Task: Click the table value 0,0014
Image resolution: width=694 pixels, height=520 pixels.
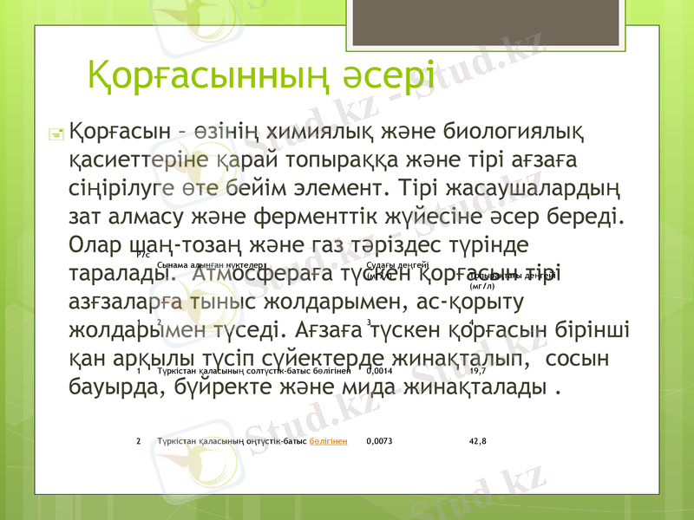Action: tap(379, 370)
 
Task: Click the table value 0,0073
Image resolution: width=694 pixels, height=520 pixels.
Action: tap(379, 441)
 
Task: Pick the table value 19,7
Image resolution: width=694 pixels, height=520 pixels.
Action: tap(476, 370)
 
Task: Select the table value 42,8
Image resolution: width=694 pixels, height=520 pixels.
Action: tap(477, 441)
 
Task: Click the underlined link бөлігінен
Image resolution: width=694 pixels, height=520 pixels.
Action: tap(329, 441)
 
